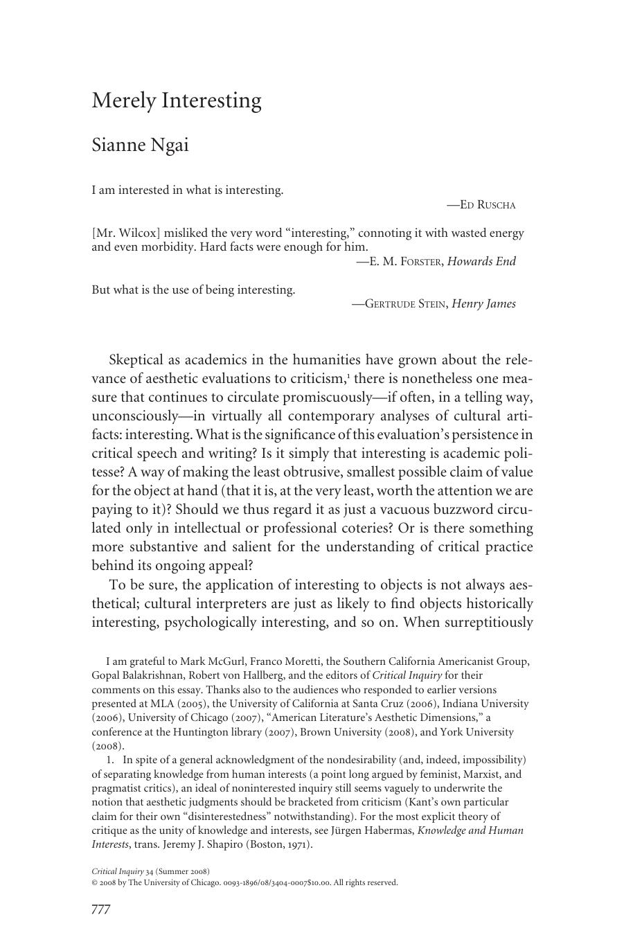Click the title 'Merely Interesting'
click(x=177, y=101)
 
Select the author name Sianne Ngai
click(x=140, y=145)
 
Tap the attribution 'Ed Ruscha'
click(x=488, y=205)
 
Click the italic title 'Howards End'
click(x=481, y=261)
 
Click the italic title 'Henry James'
click(x=483, y=304)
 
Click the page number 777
click(x=101, y=909)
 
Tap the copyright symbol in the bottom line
click(x=95, y=883)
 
